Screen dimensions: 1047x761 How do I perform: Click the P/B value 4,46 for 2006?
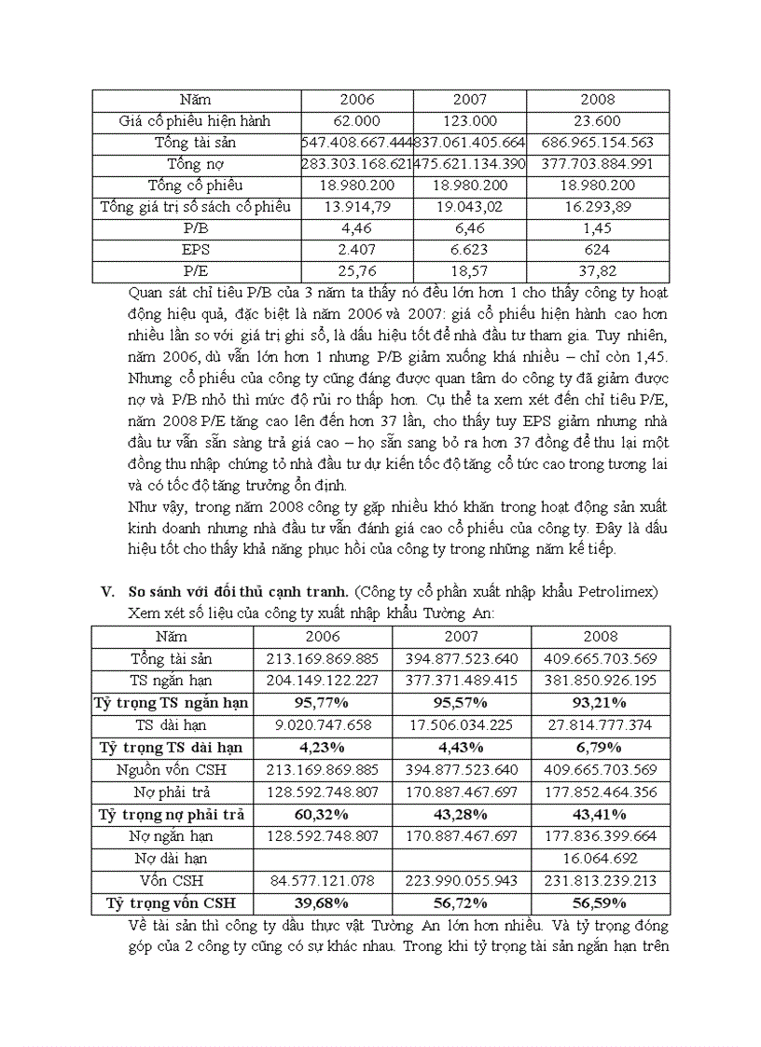pos(356,228)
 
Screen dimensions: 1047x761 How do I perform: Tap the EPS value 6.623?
pos(470,250)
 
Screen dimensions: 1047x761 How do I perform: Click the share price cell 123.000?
pos(470,121)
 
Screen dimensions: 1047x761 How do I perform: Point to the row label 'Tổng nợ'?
pos(196,164)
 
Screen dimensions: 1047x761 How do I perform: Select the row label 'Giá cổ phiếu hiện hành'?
pos(196,121)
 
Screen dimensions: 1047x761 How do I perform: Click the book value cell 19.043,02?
pos(470,207)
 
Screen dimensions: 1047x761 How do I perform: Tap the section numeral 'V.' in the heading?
pos(107,591)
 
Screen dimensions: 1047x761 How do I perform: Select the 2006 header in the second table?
pos(323,637)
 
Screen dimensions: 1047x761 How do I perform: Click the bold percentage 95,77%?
pos(323,703)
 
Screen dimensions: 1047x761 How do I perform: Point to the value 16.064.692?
pos(601,858)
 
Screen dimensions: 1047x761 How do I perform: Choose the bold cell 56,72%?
pos(462,902)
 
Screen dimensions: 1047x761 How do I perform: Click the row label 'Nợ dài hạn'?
pos(172,858)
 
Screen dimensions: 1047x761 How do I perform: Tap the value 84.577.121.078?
pos(323,880)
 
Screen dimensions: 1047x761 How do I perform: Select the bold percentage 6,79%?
pos(601,747)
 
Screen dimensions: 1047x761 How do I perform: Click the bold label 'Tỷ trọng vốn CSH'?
pos(172,902)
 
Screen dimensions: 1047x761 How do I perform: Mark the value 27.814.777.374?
pos(601,724)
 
